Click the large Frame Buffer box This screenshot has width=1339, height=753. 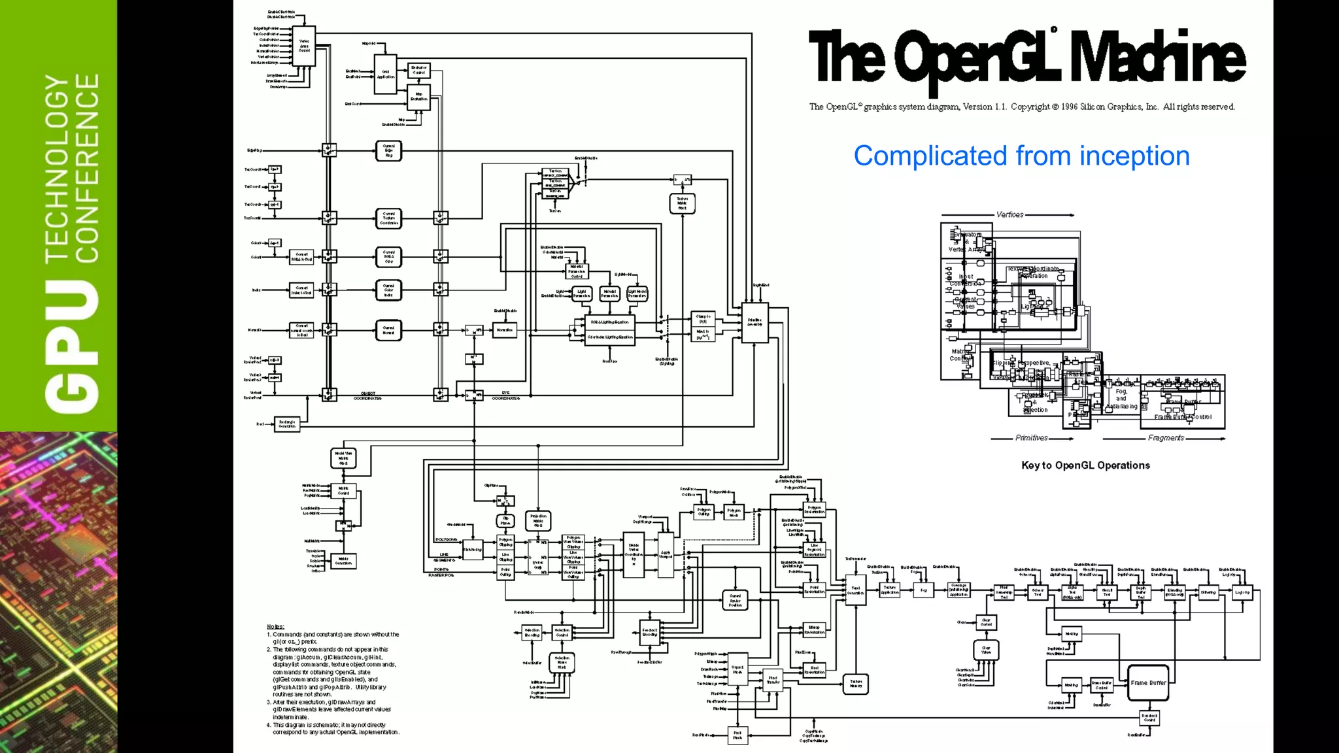tap(1148, 683)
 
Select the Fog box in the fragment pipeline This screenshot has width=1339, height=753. tap(923, 590)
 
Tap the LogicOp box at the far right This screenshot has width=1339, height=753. tap(1242, 593)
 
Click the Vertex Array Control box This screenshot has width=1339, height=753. tap(304, 46)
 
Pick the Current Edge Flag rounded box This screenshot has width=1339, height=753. tap(388, 151)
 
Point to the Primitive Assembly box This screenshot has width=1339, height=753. tap(754, 322)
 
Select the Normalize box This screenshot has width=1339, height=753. tap(504, 330)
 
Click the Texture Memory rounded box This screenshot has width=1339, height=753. tap(855, 684)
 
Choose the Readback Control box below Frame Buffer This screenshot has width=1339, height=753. tap(1149, 718)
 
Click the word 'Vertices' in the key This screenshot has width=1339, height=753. tap(1009, 214)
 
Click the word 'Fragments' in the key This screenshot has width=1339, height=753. tap(1166, 438)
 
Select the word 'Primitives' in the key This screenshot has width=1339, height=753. tap(1031, 438)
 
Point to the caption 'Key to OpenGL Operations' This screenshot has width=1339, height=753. tap(1085, 465)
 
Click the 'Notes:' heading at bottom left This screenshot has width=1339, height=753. tap(275, 626)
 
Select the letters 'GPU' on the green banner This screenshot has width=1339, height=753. tap(72, 346)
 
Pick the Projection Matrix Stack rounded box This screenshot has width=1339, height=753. tap(538, 521)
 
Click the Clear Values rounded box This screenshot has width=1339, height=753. tap(986, 650)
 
